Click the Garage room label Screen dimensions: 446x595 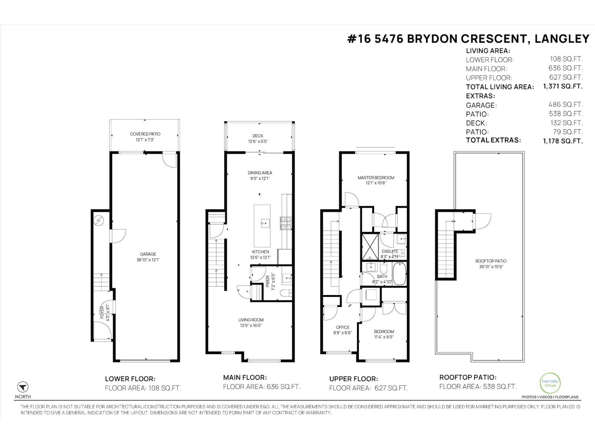pos(148,254)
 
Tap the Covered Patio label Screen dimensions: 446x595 pos(145,134)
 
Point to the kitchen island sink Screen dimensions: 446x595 pos(266,224)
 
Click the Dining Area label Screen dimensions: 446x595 pos(260,173)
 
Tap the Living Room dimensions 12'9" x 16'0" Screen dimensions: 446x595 pos(251,326)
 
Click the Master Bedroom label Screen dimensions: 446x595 pos(376,178)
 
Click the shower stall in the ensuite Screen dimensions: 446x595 pos(370,246)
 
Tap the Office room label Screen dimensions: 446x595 pos(342,327)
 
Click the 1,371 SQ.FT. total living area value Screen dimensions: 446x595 pos(563,86)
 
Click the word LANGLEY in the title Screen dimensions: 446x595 pos(562,39)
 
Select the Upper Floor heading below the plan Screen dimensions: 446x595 pos(353,379)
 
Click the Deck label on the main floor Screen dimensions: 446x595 pos(258,136)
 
